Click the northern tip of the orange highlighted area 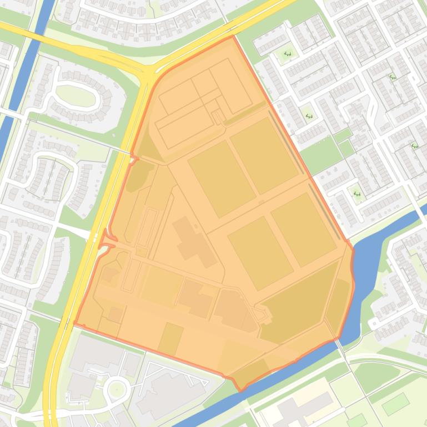[233, 37]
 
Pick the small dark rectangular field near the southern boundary [170, 339]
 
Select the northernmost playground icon [288, 54]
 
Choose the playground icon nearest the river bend [357, 194]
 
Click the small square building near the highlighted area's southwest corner [115, 315]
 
